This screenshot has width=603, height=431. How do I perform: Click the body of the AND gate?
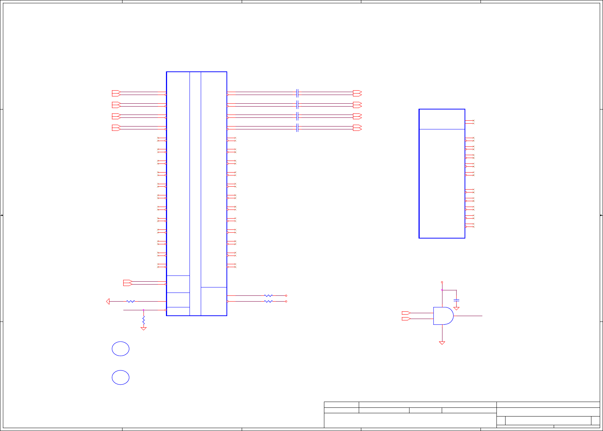pos(443,316)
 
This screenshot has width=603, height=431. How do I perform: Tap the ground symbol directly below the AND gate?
pos(442,343)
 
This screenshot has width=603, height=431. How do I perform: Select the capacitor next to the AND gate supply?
pos(457,300)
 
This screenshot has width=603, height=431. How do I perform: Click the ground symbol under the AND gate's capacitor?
pos(457,308)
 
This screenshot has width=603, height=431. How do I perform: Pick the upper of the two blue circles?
pos(121,349)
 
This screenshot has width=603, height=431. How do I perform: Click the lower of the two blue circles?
pos(121,377)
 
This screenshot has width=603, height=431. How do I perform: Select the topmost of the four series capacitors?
pos(297,93)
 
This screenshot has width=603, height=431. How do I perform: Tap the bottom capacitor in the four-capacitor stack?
pos(297,128)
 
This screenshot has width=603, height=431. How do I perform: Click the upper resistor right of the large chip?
pos(268,296)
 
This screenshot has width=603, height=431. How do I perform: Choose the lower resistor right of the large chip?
pos(268,301)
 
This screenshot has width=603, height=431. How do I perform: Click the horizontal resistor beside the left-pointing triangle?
pos(131,301)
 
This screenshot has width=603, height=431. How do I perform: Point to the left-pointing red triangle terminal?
pos(108,301)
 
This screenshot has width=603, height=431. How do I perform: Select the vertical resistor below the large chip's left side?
pos(144,320)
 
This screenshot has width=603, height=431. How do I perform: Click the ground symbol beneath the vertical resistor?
pos(144,328)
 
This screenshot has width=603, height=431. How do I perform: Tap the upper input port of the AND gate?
pos(406,313)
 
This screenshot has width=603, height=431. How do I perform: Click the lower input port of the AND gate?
pos(406,319)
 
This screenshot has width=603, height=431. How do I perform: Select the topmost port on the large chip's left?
pos(116,93)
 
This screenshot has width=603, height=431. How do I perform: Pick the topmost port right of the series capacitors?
pos(357,93)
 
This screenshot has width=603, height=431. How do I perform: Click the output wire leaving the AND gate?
pos(468,316)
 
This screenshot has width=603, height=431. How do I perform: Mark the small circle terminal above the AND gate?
pos(442,282)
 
